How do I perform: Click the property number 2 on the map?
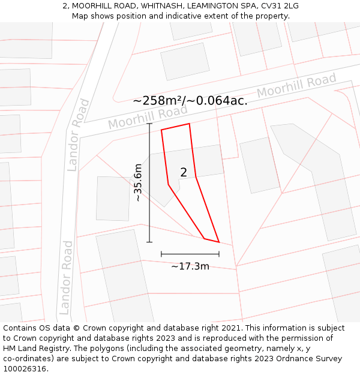(x=184, y=172)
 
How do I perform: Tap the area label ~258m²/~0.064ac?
(x=190, y=101)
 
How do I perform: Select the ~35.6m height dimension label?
(x=138, y=182)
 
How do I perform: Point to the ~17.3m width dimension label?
(x=190, y=266)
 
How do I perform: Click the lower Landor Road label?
(x=65, y=278)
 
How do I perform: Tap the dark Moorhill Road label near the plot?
(x=148, y=118)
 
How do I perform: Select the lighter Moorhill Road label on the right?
(x=296, y=86)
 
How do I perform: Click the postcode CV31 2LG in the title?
(x=274, y=6)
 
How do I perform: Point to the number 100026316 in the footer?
(x=25, y=369)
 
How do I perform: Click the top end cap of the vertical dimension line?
(x=149, y=124)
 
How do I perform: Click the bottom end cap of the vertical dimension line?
(x=149, y=242)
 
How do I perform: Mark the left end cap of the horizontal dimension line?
(x=161, y=254)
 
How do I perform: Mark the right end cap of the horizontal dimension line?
(x=219, y=254)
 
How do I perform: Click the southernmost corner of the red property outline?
(x=219, y=242)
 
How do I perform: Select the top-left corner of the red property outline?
(x=161, y=130)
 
